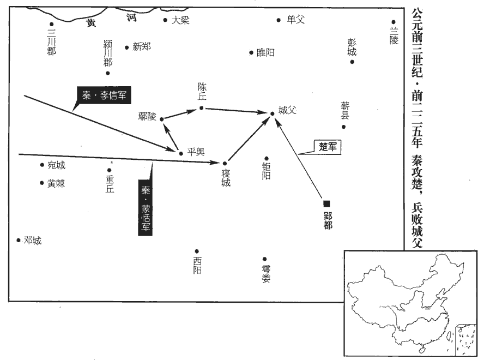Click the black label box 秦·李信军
(x=104, y=95)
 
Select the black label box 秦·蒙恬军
(x=145, y=208)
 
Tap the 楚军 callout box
(x=327, y=147)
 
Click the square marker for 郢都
(x=326, y=203)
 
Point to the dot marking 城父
(x=273, y=113)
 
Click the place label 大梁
(x=180, y=20)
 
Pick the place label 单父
(x=296, y=20)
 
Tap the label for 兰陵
(x=394, y=35)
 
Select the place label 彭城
(x=352, y=47)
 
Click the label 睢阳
(x=265, y=52)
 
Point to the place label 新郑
(x=142, y=47)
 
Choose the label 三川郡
(x=52, y=43)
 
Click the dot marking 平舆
(x=181, y=153)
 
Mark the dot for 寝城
(x=225, y=164)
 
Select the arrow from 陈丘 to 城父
(x=236, y=110)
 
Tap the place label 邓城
(x=33, y=241)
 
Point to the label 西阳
(x=197, y=266)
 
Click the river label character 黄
(x=91, y=23)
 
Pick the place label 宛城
(x=57, y=165)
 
